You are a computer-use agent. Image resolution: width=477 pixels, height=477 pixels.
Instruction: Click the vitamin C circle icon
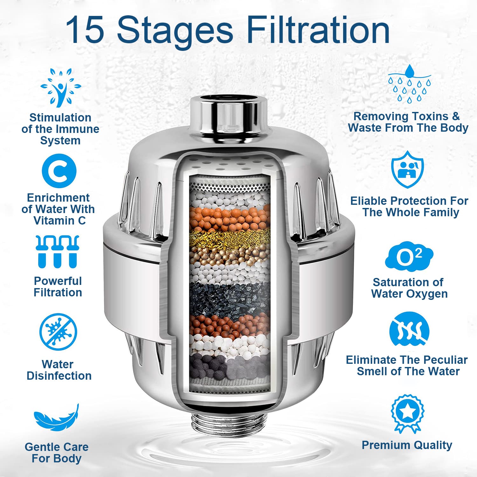59,171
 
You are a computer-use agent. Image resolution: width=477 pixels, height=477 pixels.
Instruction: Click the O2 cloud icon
409,257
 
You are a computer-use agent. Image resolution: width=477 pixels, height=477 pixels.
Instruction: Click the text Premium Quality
407,445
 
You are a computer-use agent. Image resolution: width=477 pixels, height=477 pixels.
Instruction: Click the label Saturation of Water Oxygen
409,288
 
